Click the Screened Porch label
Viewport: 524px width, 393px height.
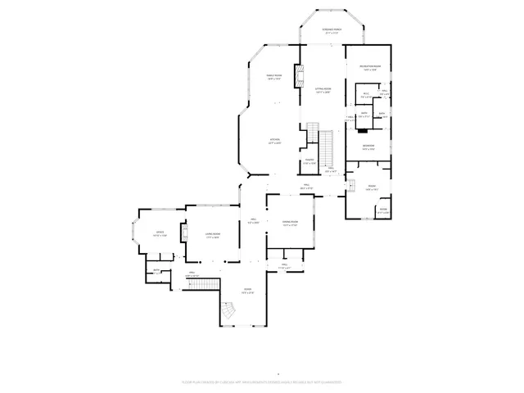[x=332, y=31]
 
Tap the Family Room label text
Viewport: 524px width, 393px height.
[x=273, y=78]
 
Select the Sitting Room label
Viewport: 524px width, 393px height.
[x=323, y=90]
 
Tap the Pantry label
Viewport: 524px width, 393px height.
[x=309, y=163]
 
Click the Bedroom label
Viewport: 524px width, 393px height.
[x=368, y=147]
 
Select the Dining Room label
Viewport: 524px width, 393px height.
[x=290, y=223]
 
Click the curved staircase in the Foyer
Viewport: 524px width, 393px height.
[x=229, y=311]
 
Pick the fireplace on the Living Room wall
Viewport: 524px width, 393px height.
[x=184, y=235]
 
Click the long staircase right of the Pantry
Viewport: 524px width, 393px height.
[x=327, y=147]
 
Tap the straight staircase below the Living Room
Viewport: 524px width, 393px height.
[x=210, y=283]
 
